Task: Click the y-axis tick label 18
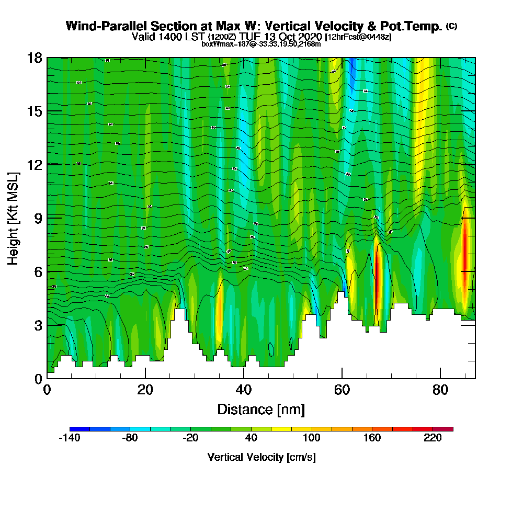point(35,58)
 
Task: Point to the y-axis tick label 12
point(35,165)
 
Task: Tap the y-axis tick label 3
point(38,325)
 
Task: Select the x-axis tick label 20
point(145,390)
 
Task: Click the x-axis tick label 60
point(342,390)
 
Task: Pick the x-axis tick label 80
point(440,390)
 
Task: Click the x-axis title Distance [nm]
point(261,409)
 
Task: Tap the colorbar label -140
point(69,438)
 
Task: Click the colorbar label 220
point(433,438)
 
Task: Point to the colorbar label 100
point(312,438)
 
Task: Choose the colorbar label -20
point(190,438)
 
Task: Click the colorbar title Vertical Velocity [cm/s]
point(261,457)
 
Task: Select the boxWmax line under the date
point(261,44)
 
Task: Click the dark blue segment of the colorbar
point(79,429)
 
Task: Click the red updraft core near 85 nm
point(464,246)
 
